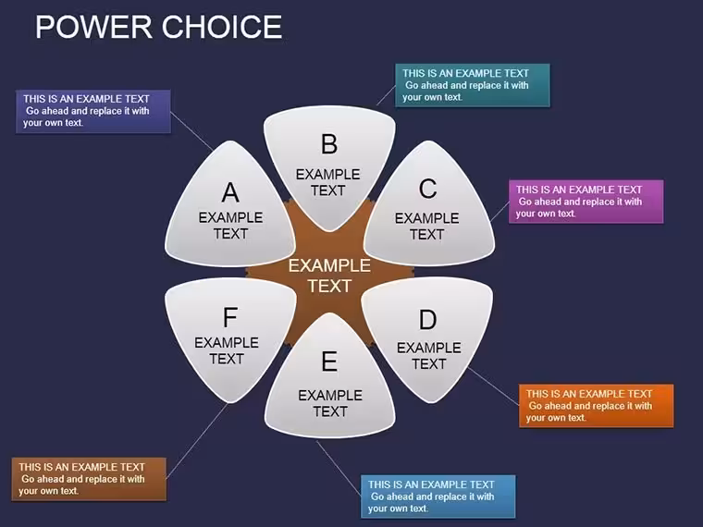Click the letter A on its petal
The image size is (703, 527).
point(230,192)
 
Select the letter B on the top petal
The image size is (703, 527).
point(329,144)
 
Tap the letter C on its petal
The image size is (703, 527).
point(427,189)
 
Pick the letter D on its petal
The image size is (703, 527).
point(427,320)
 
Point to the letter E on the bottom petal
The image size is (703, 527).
point(329,362)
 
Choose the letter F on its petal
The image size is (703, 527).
point(230,317)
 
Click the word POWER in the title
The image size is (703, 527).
point(93,27)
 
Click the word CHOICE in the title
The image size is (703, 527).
point(222,27)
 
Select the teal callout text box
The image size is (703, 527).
point(473,85)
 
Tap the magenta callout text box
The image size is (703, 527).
point(586,202)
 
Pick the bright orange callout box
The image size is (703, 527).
point(597,406)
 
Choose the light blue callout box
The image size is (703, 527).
point(438,496)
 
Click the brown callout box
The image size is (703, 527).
point(89,479)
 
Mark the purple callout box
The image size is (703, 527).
point(93,112)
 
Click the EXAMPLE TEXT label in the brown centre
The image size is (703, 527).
point(329,276)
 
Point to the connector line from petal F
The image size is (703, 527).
point(197,441)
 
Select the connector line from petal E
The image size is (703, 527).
point(339,469)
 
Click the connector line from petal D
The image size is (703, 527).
point(493,386)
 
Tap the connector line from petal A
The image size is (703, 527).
point(191,131)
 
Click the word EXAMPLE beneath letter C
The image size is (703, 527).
point(426,218)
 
